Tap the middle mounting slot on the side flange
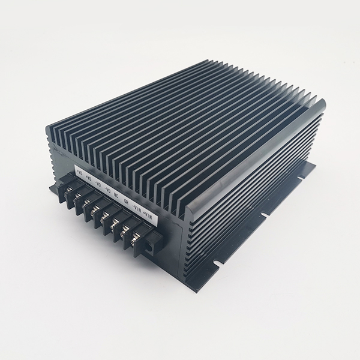click(x=262, y=212)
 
